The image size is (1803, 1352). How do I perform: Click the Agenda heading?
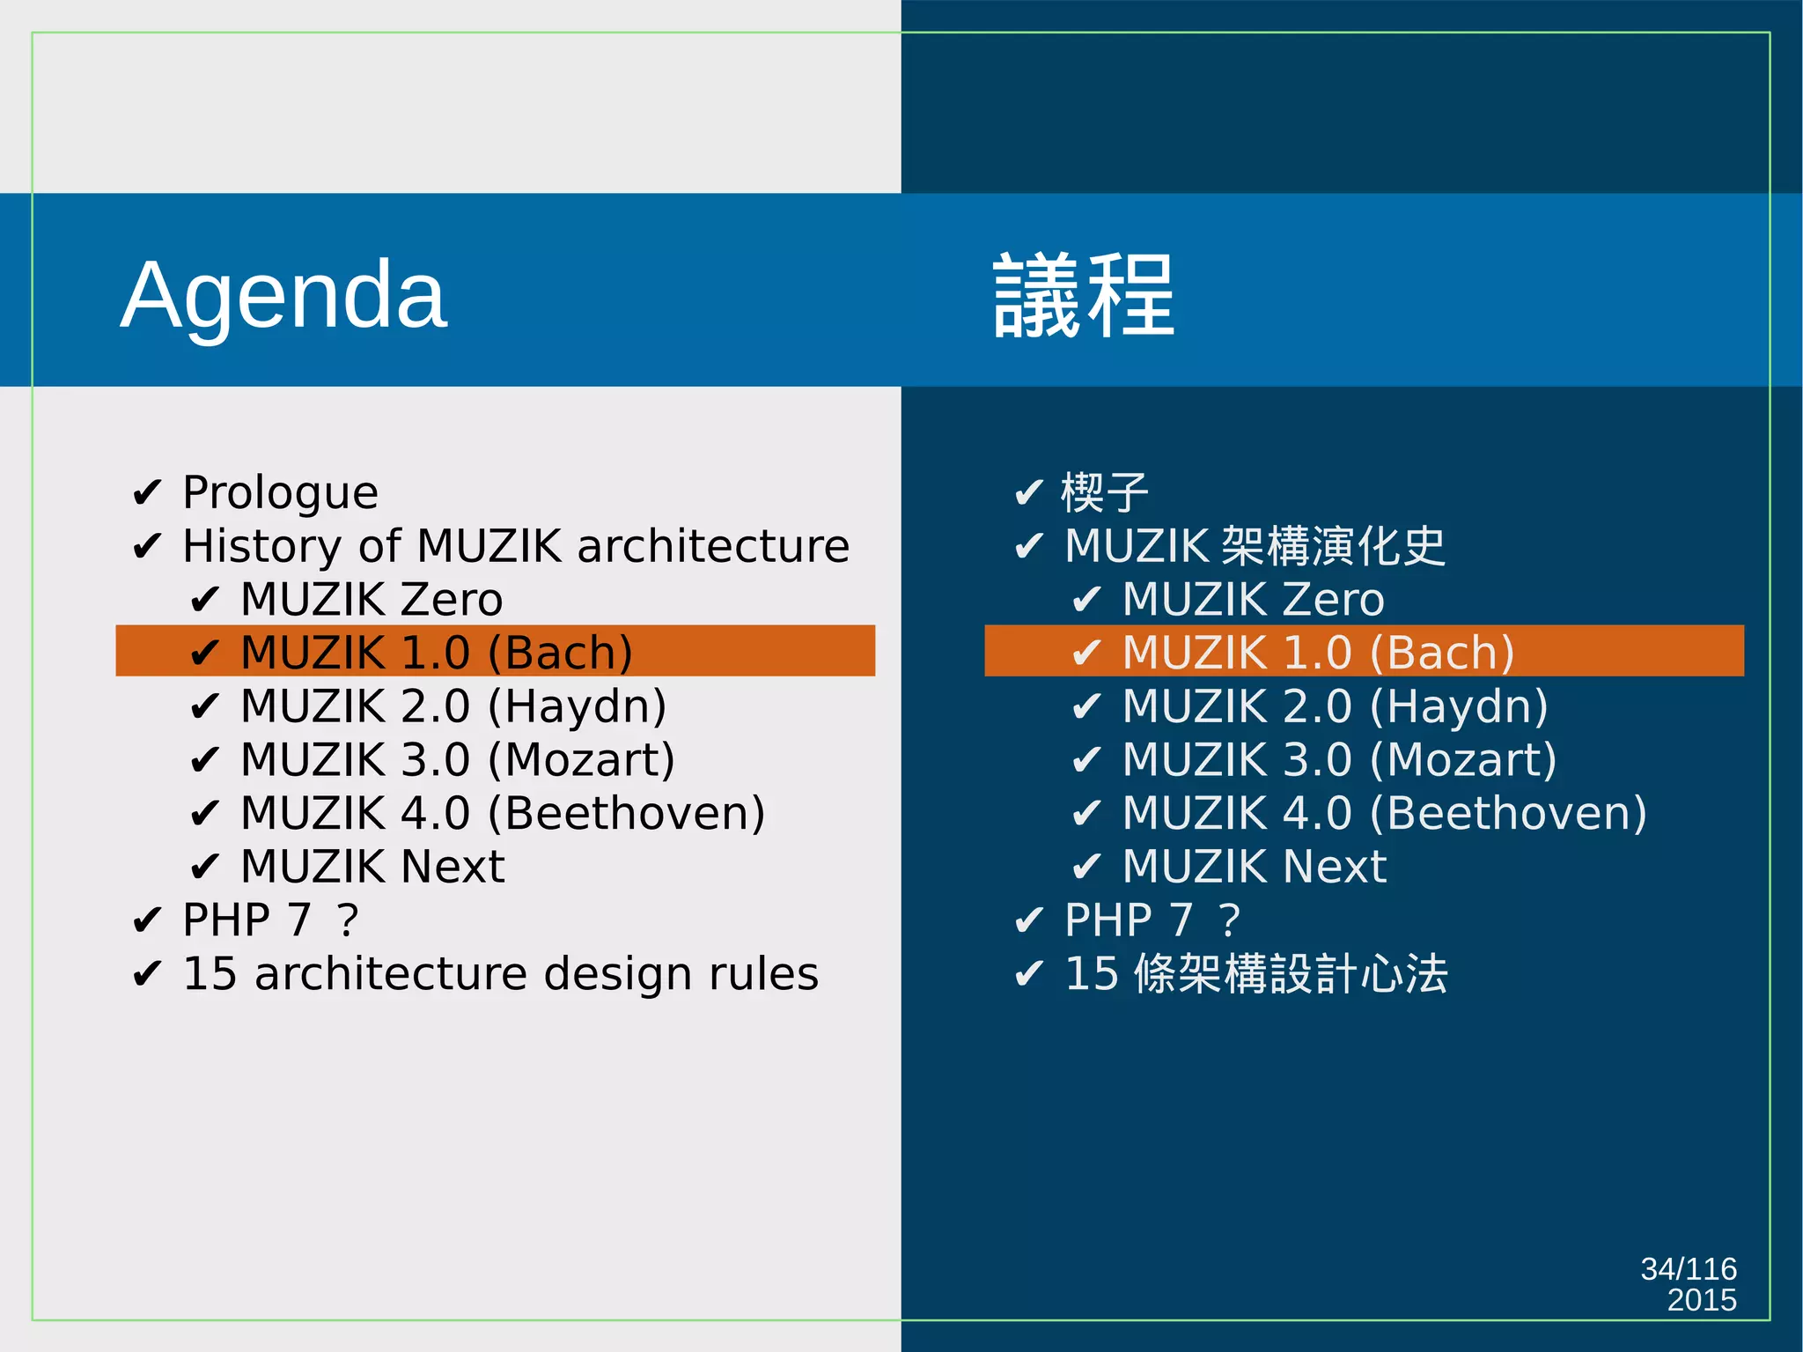(283, 296)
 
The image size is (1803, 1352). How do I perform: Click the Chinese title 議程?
(1084, 296)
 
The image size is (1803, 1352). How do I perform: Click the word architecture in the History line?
(713, 546)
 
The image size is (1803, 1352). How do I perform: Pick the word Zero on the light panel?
(452, 600)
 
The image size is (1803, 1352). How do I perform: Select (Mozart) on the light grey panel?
(581, 760)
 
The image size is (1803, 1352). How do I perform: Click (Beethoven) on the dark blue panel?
(1508, 813)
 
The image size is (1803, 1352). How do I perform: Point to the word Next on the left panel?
(453, 867)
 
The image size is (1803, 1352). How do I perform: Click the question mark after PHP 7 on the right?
(1230, 920)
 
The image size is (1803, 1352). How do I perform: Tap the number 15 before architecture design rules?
(210, 974)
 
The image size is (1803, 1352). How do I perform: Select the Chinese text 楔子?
(1105, 492)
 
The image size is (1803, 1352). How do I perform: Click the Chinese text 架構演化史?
(1334, 546)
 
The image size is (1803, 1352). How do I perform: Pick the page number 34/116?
(1688, 1268)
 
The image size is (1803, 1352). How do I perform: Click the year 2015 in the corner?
(1701, 1300)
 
